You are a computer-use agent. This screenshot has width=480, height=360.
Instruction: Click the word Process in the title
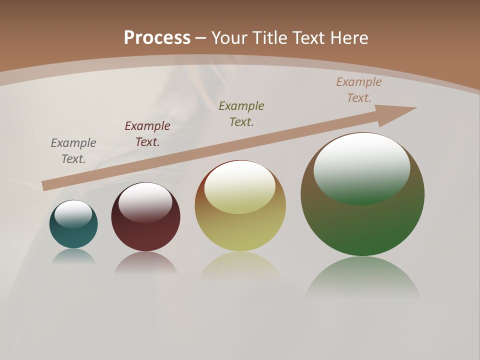157,38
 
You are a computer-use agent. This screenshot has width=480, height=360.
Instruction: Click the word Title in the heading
268,38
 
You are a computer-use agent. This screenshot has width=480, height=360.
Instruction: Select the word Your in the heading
230,38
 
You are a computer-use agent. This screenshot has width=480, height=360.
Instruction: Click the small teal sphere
73,235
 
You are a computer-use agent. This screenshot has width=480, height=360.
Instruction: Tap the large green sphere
362,225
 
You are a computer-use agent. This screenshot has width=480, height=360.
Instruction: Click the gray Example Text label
73,151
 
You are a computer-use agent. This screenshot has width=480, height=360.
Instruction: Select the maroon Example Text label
147,134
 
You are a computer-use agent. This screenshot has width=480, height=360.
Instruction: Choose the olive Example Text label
241,113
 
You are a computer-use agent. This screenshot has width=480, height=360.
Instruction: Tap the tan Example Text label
359,90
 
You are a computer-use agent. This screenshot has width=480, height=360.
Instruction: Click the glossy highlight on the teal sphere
73,213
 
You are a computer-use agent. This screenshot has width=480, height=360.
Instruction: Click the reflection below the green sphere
362,277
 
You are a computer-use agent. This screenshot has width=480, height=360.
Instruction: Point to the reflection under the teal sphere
73,256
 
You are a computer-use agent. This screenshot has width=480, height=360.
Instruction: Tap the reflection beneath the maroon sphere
145,262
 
